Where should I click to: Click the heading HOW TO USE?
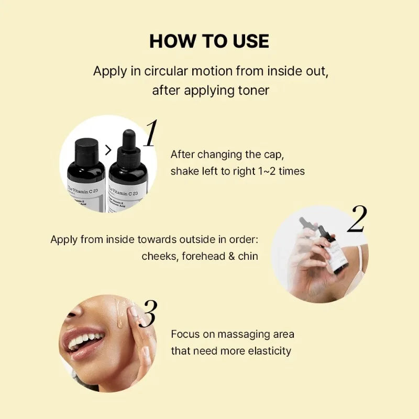(x=209, y=41)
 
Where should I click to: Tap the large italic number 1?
(x=151, y=134)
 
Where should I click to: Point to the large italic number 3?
(x=148, y=314)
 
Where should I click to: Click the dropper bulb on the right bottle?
(x=128, y=139)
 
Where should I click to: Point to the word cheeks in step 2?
(x=159, y=257)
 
